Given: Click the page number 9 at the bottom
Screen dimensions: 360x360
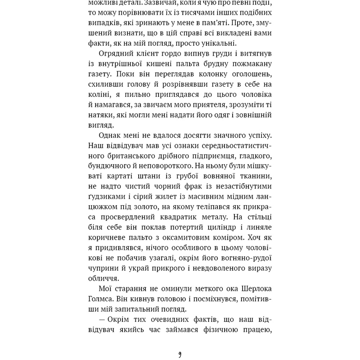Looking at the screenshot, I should click(x=180, y=355).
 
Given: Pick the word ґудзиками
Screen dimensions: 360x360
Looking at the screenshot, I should click(x=107, y=197).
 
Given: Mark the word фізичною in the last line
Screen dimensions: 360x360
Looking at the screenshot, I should click(x=213, y=330).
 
